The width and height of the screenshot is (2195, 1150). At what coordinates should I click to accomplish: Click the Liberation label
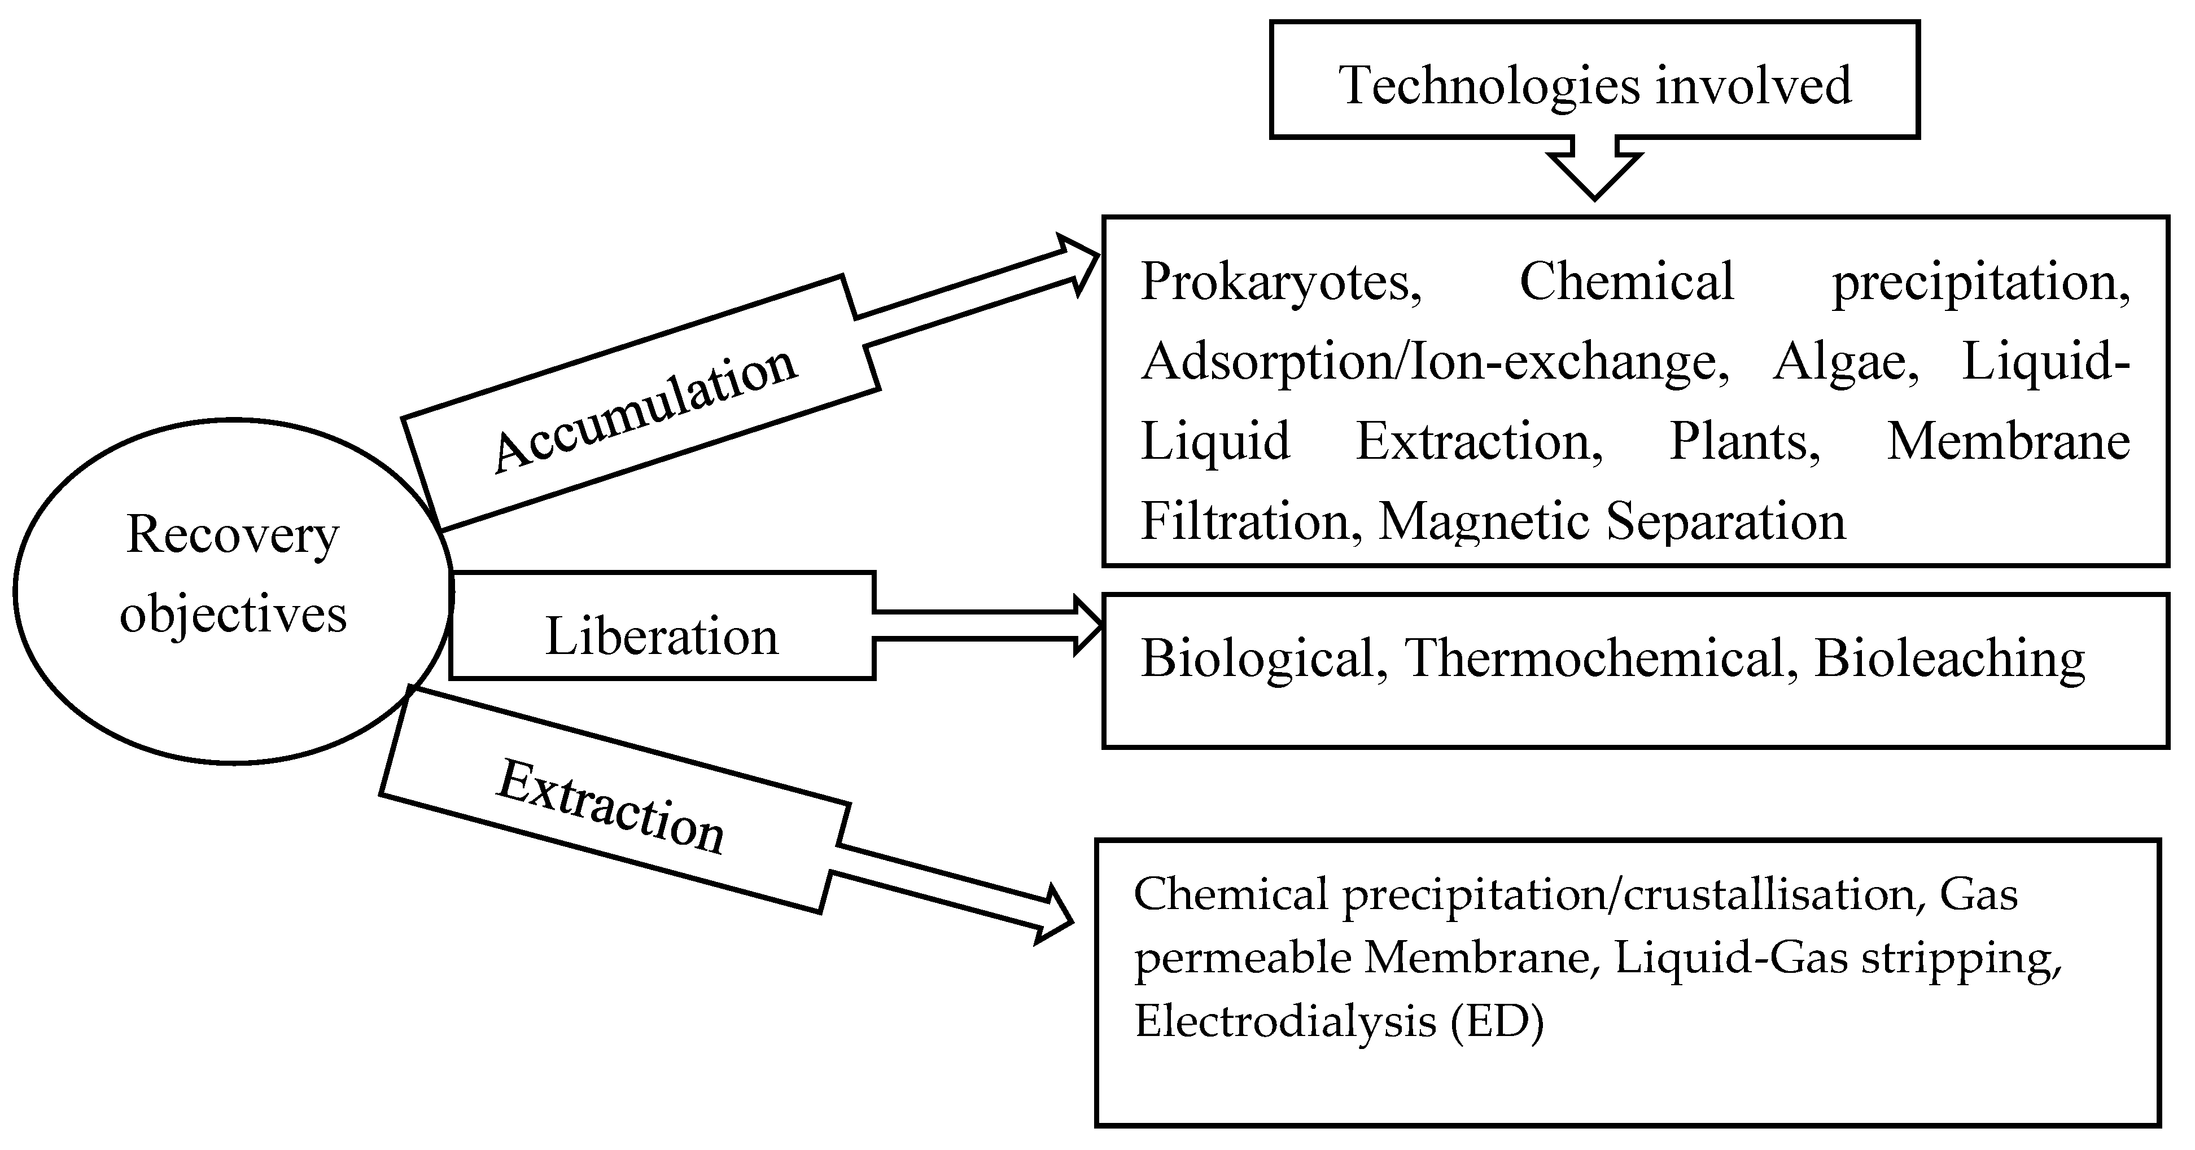[x=661, y=637]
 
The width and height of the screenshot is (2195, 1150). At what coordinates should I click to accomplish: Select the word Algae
[x=1845, y=362]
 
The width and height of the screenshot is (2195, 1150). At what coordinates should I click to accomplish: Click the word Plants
[x=1743, y=442]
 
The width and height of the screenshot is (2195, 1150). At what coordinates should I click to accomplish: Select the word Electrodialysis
[x=1285, y=1021]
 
